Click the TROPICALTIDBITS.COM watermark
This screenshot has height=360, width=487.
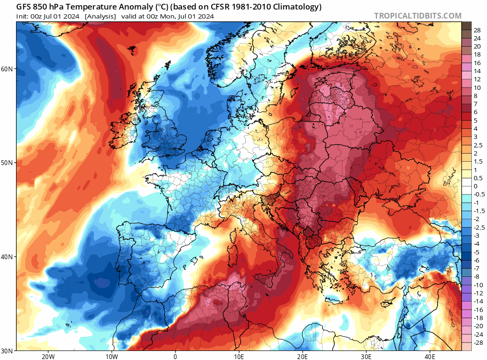coord(418,16)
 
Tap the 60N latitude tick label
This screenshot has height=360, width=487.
coord(7,69)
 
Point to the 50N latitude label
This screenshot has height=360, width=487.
coord(7,163)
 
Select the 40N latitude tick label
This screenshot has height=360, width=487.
coord(7,257)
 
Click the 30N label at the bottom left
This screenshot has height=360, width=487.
coord(7,350)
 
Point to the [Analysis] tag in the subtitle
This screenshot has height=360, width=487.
coord(100,16)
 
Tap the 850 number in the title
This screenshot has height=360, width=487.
coord(39,7)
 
